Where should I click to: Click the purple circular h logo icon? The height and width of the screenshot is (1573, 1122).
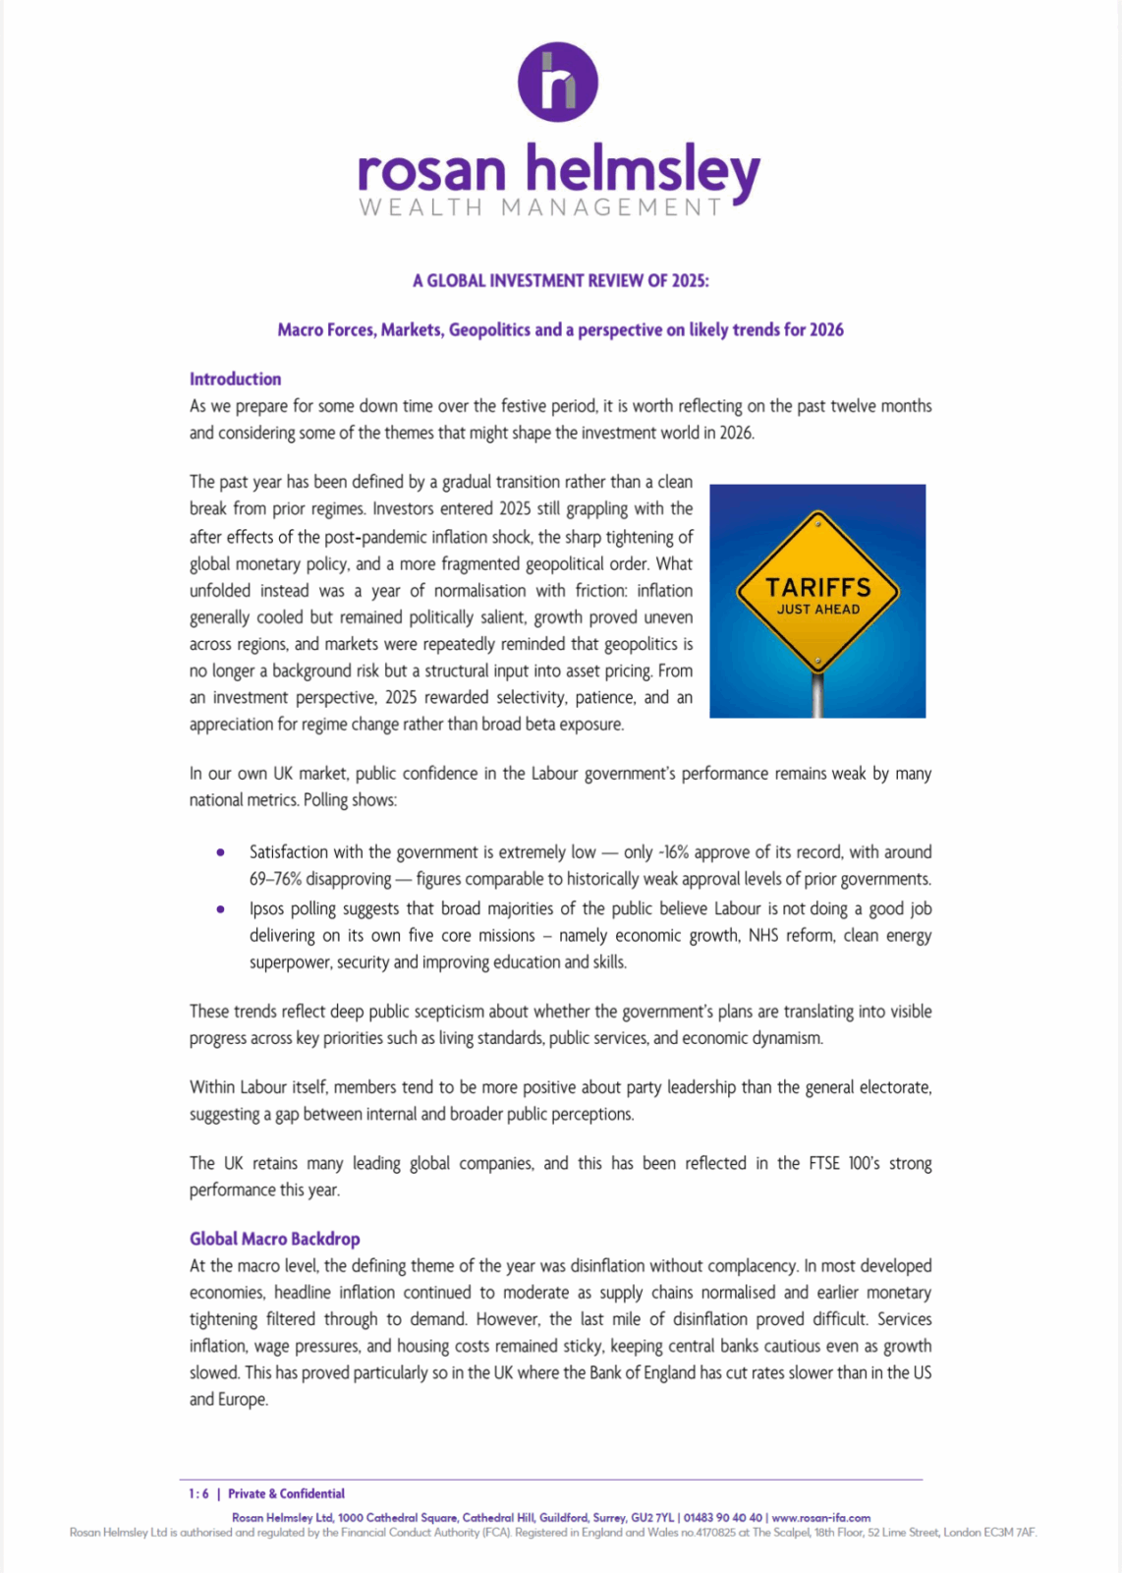(x=558, y=82)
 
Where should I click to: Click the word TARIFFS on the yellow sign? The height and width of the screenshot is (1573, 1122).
(x=817, y=587)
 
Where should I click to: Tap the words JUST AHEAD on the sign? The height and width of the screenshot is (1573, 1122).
(x=817, y=610)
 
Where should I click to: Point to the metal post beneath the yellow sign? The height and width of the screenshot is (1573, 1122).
(x=817, y=693)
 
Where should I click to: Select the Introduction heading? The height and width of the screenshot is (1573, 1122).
(x=235, y=379)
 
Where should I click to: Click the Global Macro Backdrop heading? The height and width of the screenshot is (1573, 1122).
(x=274, y=1239)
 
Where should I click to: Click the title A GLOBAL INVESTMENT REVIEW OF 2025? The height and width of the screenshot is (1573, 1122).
(x=560, y=280)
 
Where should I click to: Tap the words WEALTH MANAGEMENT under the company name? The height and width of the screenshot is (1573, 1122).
(x=540, y=207)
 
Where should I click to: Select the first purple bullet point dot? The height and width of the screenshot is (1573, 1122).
(x=220, y=852)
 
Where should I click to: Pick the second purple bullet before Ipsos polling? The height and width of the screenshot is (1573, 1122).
(x=220, y=909)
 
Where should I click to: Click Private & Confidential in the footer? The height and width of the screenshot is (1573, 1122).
(x=286, y=1493)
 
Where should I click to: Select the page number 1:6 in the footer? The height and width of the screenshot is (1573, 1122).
(x=198, y=1493)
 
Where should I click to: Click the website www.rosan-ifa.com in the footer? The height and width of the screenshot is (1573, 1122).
(x=820, y=1517)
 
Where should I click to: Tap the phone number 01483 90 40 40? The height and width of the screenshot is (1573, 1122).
(x=722, y=1517)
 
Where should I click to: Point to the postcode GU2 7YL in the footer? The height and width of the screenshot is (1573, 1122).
(x=652, y=1517)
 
